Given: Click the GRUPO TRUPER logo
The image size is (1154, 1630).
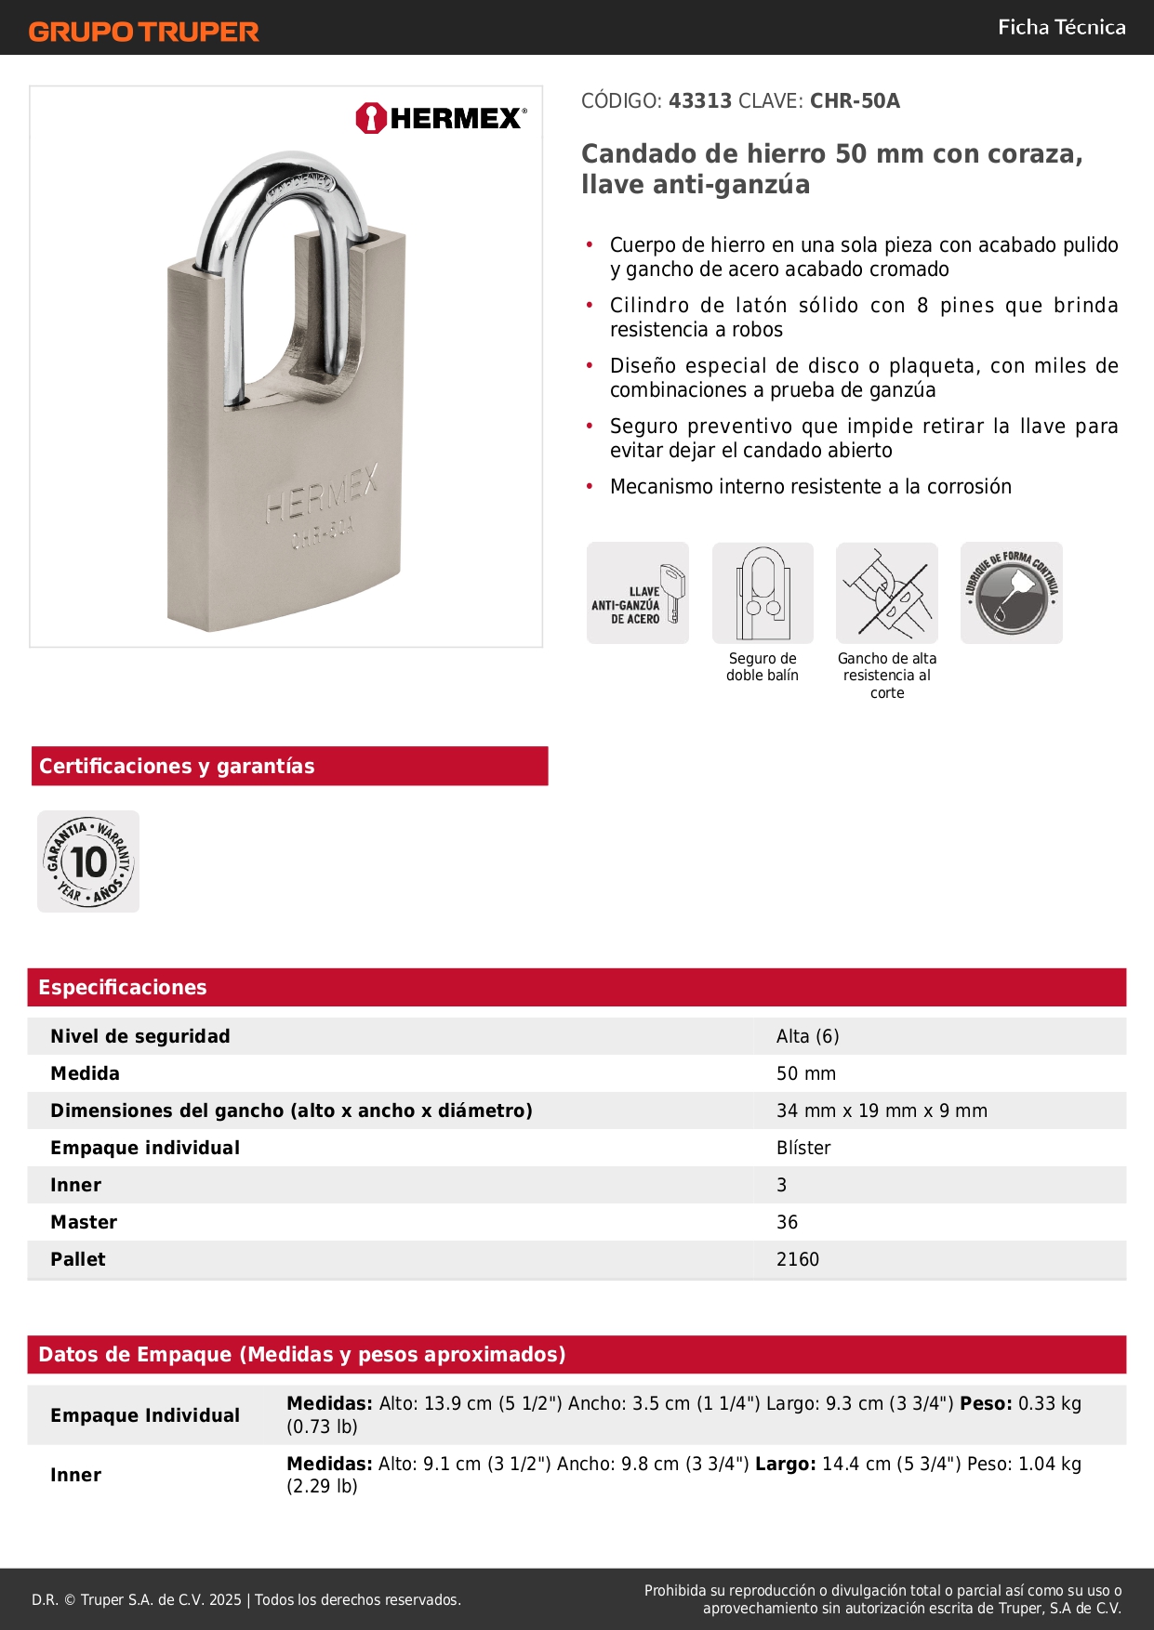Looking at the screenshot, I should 143,32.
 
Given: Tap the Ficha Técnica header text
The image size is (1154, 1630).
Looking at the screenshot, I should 1061,27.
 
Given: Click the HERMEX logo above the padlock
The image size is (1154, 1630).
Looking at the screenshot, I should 441,118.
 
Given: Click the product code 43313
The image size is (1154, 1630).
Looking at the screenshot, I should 700,101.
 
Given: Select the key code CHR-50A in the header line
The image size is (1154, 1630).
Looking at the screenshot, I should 855,101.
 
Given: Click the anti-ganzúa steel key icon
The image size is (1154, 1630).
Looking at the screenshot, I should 638,593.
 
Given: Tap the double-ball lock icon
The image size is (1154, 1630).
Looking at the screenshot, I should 763,593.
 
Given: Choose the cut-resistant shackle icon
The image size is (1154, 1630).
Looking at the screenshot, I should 887,593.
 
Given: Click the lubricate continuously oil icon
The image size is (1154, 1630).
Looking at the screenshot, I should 1012,593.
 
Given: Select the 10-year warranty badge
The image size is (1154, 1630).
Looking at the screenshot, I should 88,861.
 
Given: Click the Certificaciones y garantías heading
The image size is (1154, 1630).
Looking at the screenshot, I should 177,766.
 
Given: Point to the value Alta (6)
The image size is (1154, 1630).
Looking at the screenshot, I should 807,1036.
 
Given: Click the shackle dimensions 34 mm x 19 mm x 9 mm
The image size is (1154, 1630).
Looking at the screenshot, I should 882,1111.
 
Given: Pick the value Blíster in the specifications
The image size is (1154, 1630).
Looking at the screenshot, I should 803,1148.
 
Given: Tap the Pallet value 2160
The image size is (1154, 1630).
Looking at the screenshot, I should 798,1259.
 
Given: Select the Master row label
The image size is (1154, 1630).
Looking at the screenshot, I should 84,1222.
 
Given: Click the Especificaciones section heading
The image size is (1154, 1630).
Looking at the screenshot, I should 123,987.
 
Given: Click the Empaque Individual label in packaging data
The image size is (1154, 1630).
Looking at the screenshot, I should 145,1415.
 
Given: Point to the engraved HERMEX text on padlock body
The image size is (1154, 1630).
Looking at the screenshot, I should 322,498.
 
